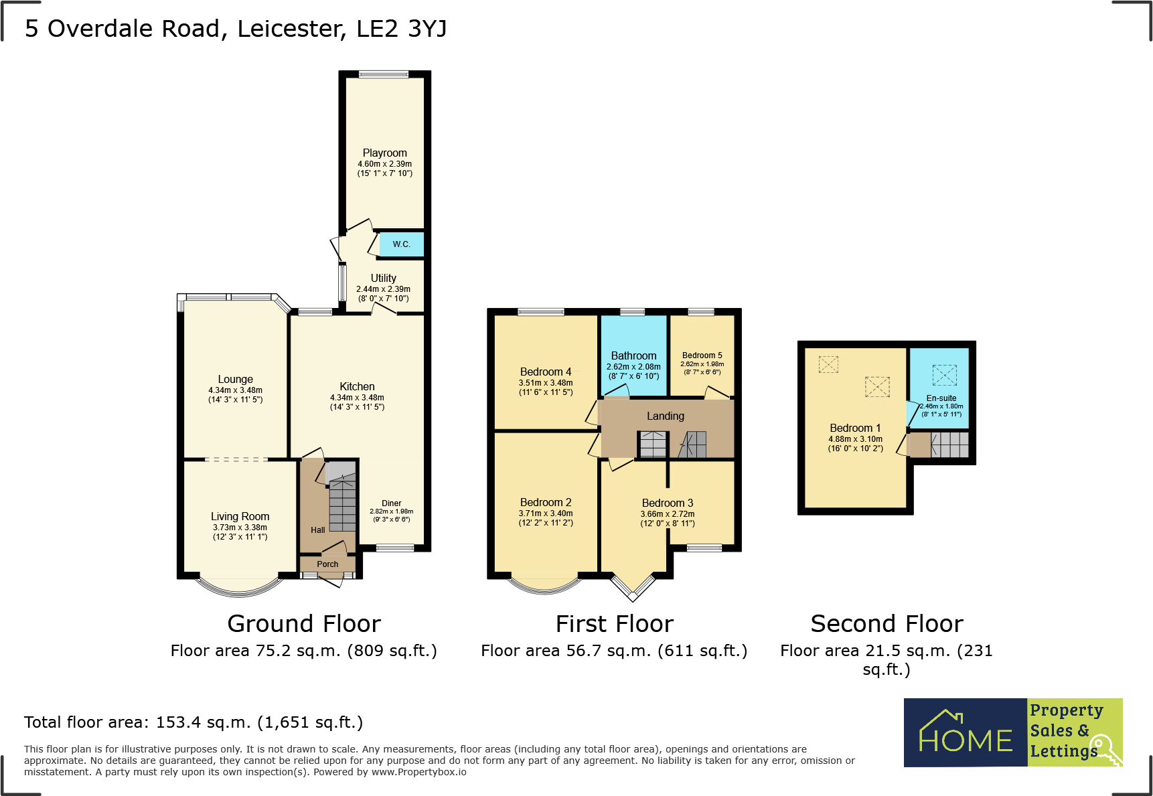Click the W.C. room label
401,244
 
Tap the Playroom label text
384,153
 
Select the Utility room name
383,278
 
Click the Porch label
327,564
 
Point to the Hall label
317,530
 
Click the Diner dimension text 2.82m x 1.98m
391,511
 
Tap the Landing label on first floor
665,416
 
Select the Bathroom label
633,356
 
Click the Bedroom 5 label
702,355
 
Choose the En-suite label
941,398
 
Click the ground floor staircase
342,502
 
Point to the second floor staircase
949,445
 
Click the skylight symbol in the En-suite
944,375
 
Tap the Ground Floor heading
304,624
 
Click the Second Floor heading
887,624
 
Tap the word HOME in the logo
966,740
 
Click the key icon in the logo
1104,749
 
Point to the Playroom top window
384,74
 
